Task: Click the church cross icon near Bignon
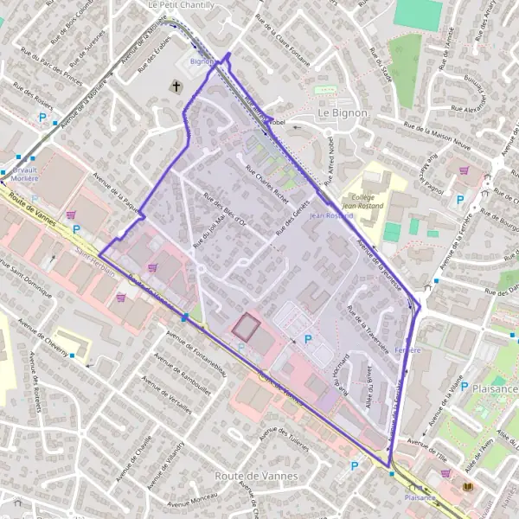pyautogui.click(x=176, y=86)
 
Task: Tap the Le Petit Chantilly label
pyautogui.click(x=181, y=4)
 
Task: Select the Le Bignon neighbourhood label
pyautogui.click(x=343, y=112)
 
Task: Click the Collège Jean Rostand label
pyautogui.click(x=362, y=201)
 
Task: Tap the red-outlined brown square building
pyautogui.click(x=246, y=327)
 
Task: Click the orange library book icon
pyautogui.click(x=469, y=489)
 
